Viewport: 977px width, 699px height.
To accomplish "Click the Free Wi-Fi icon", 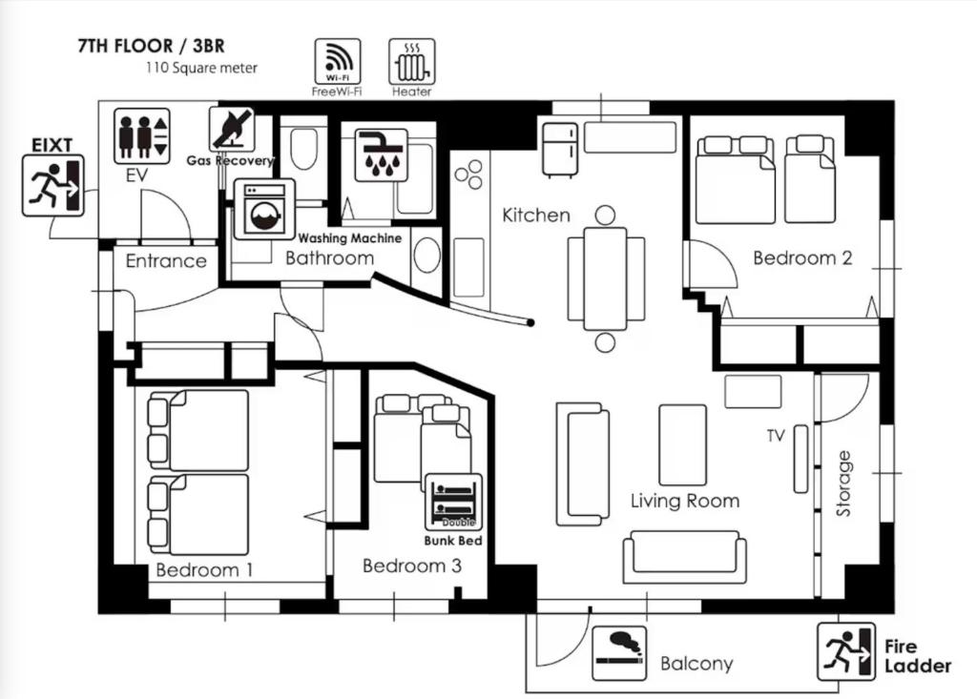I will [338, 61].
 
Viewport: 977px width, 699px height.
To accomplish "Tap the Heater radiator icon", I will [411, 61].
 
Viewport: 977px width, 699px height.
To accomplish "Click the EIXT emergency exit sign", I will [53, 185].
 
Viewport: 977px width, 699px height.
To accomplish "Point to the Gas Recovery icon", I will [232, 129].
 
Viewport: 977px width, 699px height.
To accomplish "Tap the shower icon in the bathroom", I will [381, 154].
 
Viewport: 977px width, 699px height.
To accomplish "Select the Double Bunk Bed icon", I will [453, 502].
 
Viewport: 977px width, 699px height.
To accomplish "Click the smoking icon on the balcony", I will [618, 653].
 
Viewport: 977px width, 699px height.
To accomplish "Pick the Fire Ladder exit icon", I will [845, 652].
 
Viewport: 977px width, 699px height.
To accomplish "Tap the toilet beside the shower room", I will [304, 150].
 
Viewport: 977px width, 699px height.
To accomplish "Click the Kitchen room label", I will [536, 216].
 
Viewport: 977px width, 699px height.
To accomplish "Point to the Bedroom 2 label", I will [802, 257].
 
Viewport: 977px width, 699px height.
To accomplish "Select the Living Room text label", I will [685, 501].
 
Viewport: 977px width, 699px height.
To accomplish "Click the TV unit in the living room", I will [800, 460].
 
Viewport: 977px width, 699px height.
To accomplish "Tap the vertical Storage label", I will [843, 483].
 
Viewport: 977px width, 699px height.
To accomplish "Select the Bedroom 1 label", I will [204, 570].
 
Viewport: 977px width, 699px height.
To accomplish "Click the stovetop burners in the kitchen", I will [468, 174].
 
